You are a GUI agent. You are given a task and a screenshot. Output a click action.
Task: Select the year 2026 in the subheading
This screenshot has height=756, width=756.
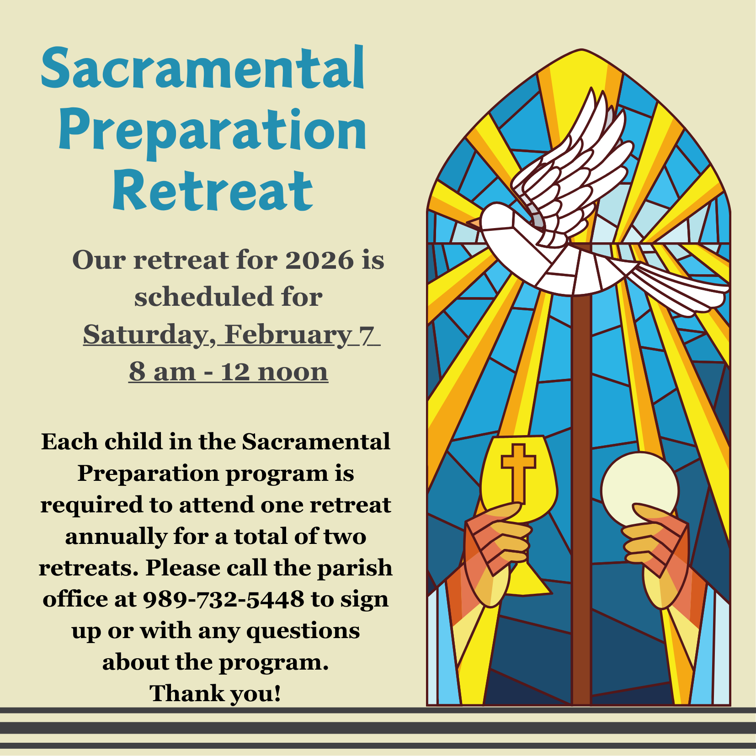click(319, 260)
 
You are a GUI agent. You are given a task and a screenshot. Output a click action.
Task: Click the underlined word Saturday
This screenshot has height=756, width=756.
click(145, 335)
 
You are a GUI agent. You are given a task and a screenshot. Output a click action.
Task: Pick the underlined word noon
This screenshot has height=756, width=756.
click(293, 372)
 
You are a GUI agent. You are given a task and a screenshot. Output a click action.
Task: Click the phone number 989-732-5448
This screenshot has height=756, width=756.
click(224, 599)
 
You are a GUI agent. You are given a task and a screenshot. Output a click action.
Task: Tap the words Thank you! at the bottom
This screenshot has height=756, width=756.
click(215, 693)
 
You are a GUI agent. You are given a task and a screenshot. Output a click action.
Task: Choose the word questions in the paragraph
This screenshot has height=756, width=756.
click(303, 631)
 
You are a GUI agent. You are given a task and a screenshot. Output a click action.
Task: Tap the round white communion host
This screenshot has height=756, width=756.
click(640, 488)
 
